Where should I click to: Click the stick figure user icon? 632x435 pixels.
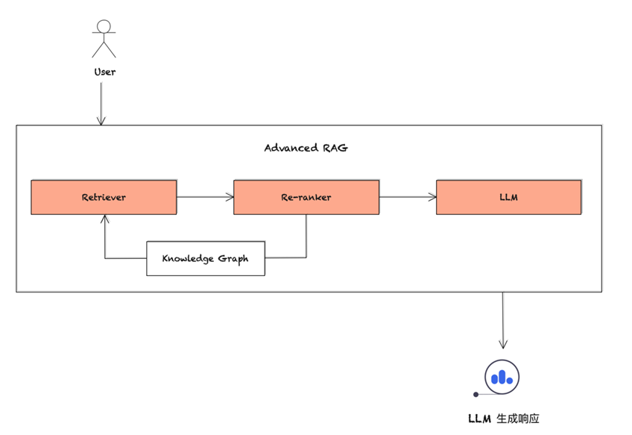104,39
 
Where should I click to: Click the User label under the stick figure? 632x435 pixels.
104,72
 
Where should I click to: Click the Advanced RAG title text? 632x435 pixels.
306,148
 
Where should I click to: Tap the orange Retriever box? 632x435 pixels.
104,197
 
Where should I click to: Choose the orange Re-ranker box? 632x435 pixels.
306,197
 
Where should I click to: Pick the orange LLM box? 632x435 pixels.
509,197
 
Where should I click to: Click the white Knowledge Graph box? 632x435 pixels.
206,258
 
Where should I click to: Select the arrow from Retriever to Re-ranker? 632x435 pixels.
205,197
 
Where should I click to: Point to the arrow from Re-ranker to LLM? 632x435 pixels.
408,197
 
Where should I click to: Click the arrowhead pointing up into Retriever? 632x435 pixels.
105,219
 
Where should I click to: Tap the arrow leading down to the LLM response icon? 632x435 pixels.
503,321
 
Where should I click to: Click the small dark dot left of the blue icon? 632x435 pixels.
476,394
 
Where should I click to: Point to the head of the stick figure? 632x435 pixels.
104,26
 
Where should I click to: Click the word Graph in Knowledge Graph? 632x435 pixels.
233,259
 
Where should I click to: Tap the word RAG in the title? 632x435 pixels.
335,148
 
